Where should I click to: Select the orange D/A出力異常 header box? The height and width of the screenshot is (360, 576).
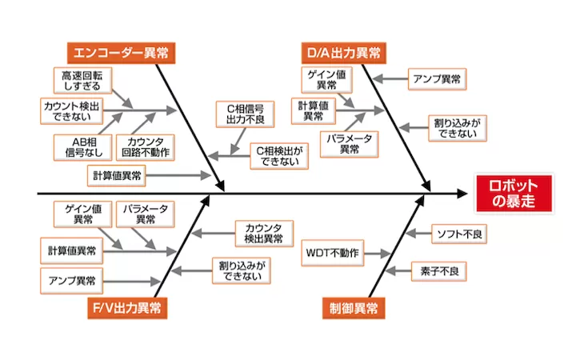(344, 54)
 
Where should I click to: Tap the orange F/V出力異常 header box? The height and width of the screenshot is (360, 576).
(128, 308)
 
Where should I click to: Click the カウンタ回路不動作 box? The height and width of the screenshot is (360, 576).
(147, 146)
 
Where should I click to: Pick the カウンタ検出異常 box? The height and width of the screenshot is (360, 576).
(263, 233)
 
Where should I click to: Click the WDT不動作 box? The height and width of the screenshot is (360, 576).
(332, 254)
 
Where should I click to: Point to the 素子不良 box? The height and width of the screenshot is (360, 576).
(438, 270)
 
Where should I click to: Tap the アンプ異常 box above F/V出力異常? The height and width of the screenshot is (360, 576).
(72, 280)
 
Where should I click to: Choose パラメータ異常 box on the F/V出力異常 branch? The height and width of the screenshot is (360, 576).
(146, 214)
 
